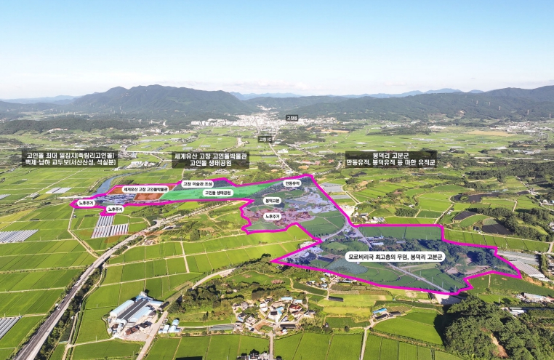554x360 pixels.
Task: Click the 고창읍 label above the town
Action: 292,117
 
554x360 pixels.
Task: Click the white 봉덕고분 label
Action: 273,199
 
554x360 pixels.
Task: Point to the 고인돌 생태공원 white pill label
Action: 217,193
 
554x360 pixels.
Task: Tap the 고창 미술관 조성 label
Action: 198,184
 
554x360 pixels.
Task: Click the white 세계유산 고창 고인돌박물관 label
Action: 145,188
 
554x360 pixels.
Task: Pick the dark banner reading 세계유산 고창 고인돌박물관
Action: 210,159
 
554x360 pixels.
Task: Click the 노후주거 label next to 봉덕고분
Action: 273,216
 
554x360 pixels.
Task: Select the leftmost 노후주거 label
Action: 87,203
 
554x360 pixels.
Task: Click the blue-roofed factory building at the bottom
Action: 135,311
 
